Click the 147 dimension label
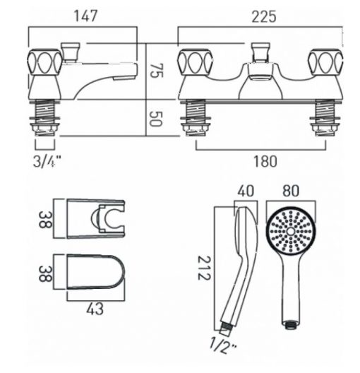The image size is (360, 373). pos(86,16)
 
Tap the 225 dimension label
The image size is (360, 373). pos(264,17)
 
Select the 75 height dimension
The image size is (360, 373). pos(157,71)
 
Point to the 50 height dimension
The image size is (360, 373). pos(156,119)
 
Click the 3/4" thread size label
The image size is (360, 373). pos(47,161)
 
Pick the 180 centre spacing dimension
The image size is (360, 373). pos(265,161)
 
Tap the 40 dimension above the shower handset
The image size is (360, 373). pos(246,191)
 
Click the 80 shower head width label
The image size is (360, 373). pos(291,191)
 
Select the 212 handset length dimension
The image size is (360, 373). pos(204,268)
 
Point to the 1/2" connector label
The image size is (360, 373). pos(223,345)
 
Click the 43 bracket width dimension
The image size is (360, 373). pos(95,309)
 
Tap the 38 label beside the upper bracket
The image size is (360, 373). pos(45,219)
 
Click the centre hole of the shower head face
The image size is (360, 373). pos(291,231)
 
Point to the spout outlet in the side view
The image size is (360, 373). pos(125,78)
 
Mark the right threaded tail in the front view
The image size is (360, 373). pos(325,119)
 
